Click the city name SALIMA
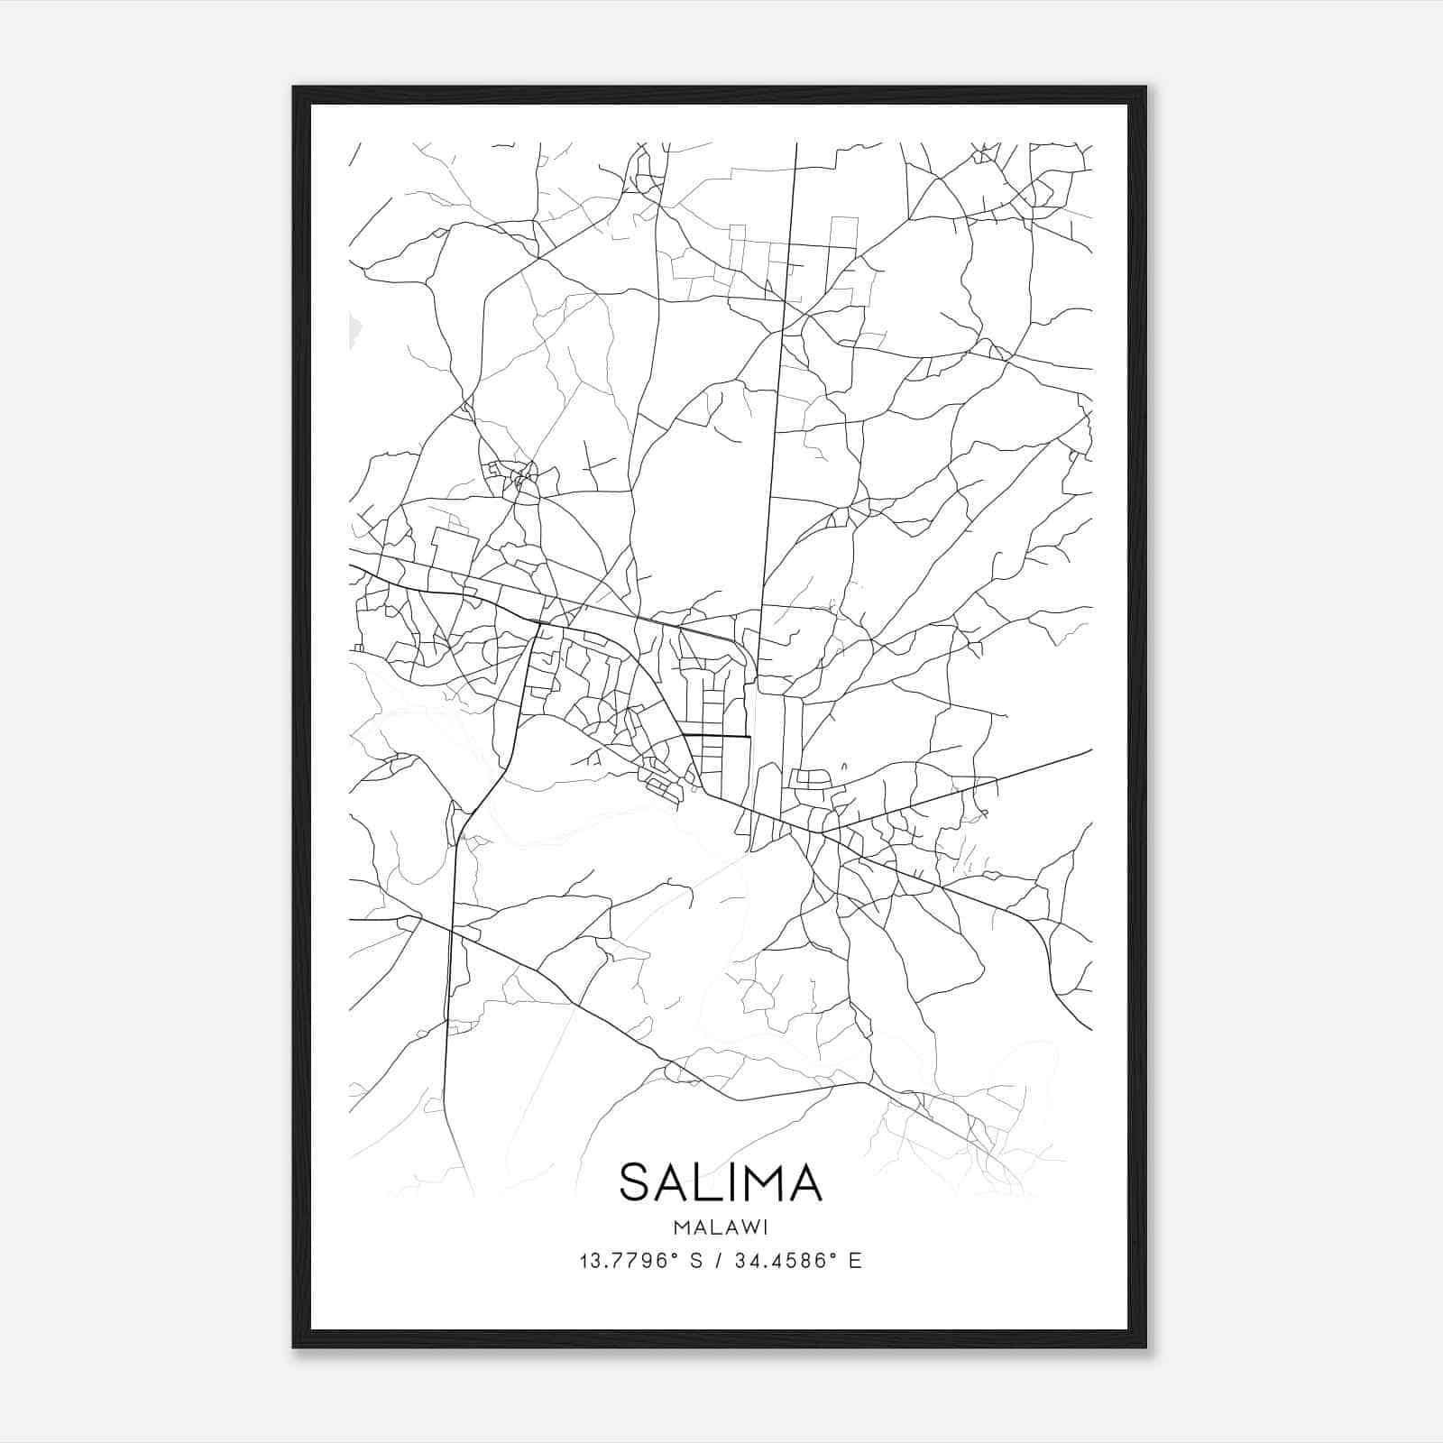[x=721, y=1182]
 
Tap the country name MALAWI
[x=721, y=1227]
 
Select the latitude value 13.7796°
[x=628, y=1261]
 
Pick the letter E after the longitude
[x=855, y=1261]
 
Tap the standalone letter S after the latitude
[x=696, y=1261]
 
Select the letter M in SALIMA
[x=756, y=1182]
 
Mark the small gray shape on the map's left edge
[x=354, y=328]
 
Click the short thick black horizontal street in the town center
[x=717, y=737]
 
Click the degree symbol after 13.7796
[x=674, y=1255]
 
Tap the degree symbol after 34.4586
[x=832, y=1255]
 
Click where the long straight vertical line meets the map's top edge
[x=796, y=143]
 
